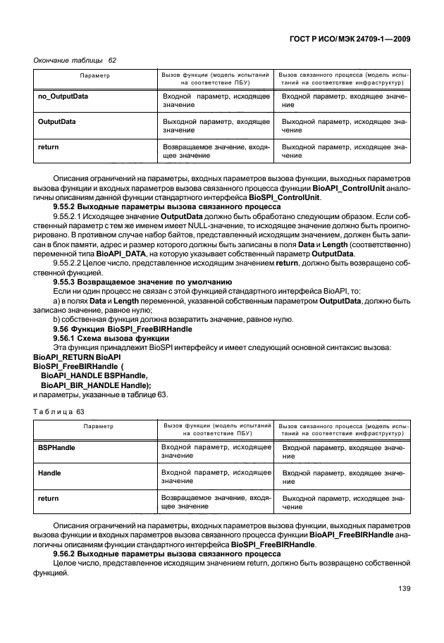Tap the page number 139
403,589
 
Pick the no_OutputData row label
62,96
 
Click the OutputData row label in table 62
56,121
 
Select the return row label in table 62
47,146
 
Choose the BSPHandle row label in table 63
56,447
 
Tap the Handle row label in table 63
49,473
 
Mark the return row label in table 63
47,498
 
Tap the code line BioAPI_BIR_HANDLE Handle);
97,385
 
